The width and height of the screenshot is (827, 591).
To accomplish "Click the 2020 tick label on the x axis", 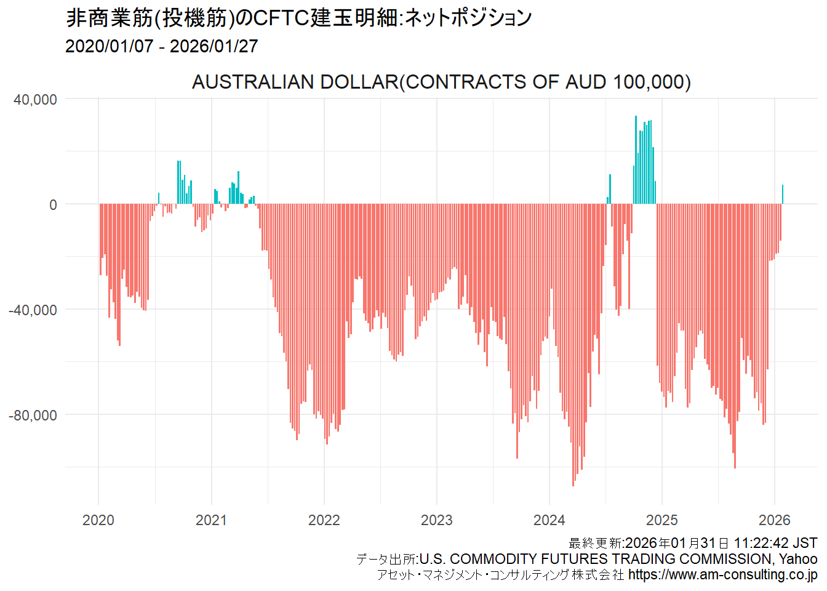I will pyautogui.click(x=98, y=520).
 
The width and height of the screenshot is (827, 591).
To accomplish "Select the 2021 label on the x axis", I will pyautogui.click(x=211, y=520).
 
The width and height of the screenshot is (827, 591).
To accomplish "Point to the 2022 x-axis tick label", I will pyautogui.click(x=324, y=520).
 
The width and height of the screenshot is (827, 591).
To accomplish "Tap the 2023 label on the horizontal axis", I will pyautogui.click(x=436, y=520).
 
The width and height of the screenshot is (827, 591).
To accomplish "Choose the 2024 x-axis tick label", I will pyautogui.click(x=549, y=520).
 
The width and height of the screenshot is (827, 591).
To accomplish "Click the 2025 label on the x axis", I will pyautogui.click(x=662, y=520).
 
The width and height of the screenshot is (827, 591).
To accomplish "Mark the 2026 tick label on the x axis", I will pyautogui.click(x=774, y=520).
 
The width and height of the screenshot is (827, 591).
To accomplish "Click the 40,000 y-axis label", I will pyautogui.click(x=35, y=100).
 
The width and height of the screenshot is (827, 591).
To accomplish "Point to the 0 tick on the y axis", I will pyautogui.click(x=53, y=205).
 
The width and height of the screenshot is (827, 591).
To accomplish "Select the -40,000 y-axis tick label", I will pyautogui.click(x=33, y=310).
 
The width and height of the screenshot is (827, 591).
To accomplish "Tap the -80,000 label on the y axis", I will pyautogui.click(x=33, y=416).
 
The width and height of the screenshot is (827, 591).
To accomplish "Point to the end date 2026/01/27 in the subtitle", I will pyautogui.click(x=214, y=46).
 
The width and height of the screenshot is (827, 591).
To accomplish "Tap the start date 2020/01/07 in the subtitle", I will pyautogui.click(x=109, y=46).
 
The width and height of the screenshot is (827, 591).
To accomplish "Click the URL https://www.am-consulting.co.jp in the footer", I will pyautogui.click(x=722, y=575).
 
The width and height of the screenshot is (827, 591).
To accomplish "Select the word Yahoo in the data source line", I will pyautogui.click(x=798, y=559).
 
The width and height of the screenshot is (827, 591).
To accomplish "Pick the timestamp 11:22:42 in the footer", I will pyautogui.click(x=761, y=543).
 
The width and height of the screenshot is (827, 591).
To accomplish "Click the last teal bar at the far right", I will pyautogui.click(x=783, y=195).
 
